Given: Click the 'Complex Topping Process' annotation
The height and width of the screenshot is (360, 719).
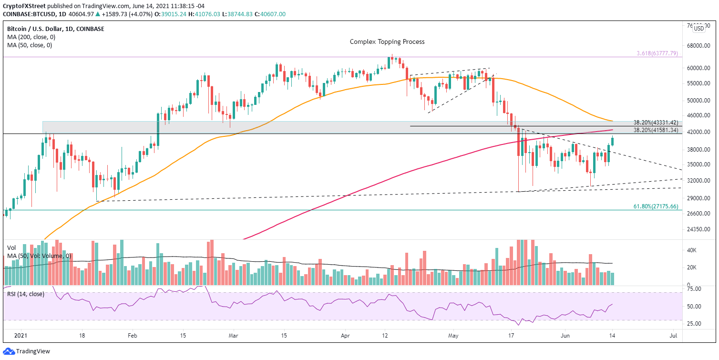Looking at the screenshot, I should tap(387, 41).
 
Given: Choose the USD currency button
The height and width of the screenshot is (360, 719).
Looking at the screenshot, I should tap(698, 29).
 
